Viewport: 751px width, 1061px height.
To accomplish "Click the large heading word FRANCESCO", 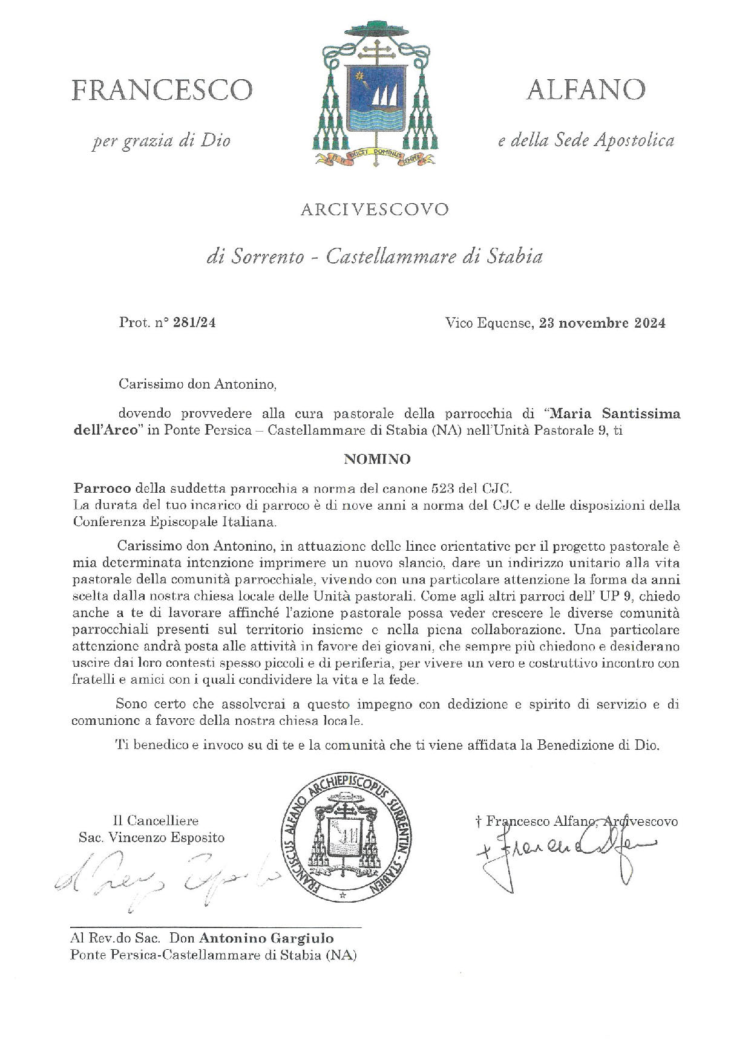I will [162, 90].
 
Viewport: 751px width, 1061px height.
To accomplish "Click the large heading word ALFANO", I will [585, 89].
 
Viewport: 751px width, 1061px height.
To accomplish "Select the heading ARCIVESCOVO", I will [375, 209].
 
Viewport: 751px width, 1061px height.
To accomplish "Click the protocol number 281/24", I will [194, 323].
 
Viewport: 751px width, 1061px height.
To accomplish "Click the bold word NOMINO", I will [377, 459].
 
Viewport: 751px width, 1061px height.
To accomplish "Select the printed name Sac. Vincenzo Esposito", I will [151, 837].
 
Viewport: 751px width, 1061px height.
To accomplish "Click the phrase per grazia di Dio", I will [162, 141].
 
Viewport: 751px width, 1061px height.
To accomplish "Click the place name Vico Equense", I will [488, 323].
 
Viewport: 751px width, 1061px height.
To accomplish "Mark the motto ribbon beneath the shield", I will [375, 156].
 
